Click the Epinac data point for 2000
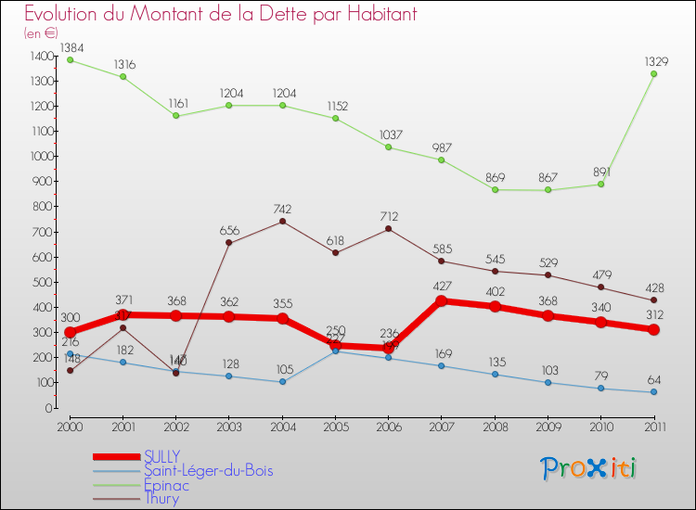point(70,60)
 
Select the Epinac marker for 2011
point(654,74)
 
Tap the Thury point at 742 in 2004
point(282,222)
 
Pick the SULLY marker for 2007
point(442,300)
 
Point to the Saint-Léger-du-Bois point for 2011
point(654,392)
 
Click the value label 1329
point(654,61)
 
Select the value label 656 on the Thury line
point(229,230)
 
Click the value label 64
point(654,379)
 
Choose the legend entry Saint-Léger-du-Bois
point(209,471)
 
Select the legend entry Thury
point(161,499)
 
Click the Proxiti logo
point(588,468)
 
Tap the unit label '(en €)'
point(42,33)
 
